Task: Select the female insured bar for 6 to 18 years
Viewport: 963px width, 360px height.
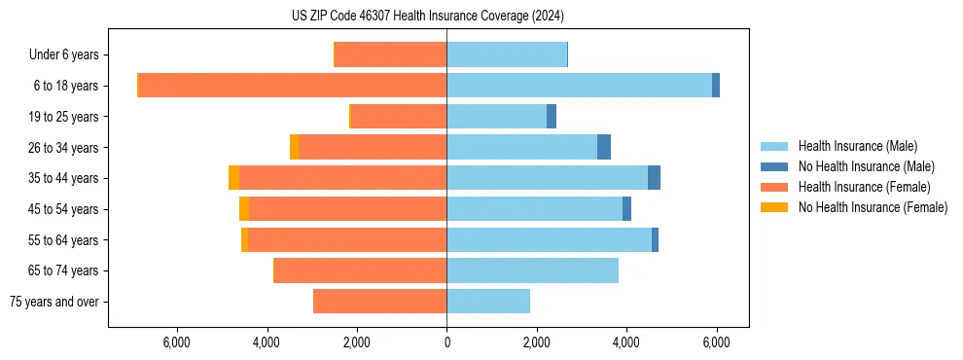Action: tap(292, 86)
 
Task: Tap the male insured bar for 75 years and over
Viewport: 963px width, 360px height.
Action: tap(488, 302)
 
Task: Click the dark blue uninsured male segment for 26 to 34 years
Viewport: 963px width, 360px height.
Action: tap(604, 147)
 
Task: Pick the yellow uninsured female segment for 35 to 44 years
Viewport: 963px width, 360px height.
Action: tap(233, 178)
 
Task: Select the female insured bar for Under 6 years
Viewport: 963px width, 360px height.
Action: tap(390, 54)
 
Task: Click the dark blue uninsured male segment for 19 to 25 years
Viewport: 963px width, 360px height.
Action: tap(552, 117)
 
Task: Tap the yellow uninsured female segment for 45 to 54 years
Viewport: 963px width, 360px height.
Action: tap(244, 209)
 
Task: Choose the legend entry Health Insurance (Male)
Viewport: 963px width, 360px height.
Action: tap(857, 146)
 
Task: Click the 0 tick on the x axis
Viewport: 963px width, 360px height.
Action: tap(446, 342)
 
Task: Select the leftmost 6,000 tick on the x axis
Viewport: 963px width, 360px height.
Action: tap(176, 342)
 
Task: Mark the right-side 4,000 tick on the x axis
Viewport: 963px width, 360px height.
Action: tap(626, 342)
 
